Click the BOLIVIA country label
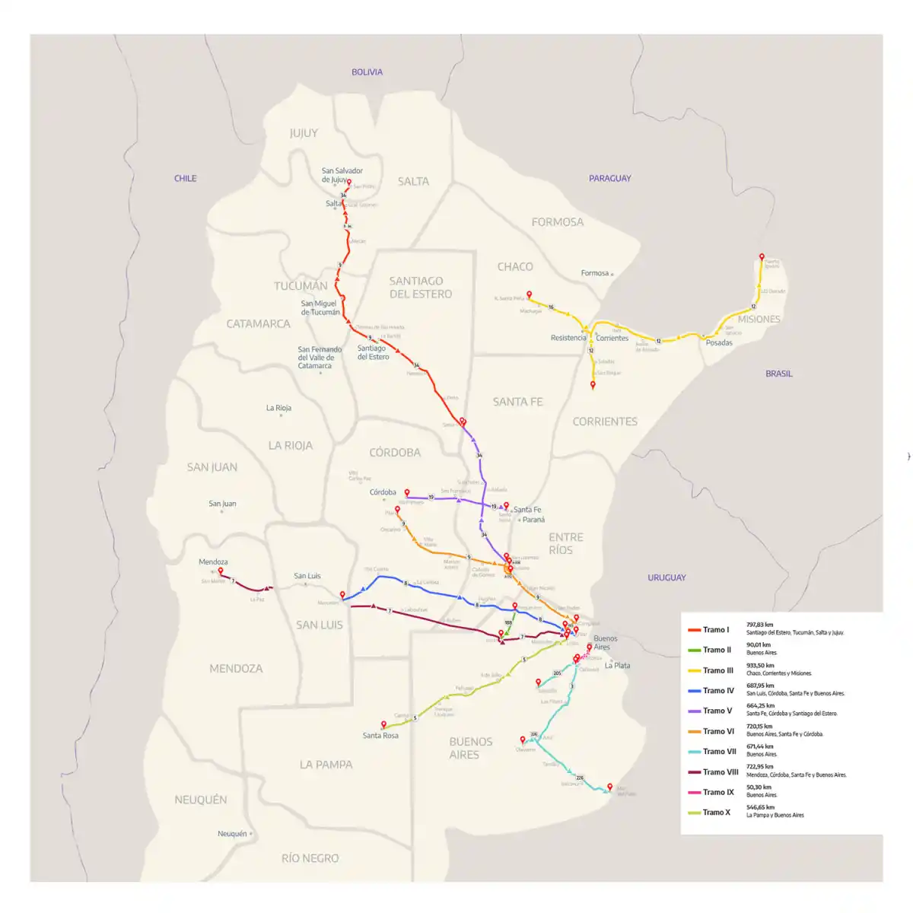pyautogui.click(x=367, y=72)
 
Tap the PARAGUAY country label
pyautogui.click(x=609, y=178)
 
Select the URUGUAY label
pyautogui.click(x=666, y=577)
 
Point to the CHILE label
pyautogui.click(x=185, y=178)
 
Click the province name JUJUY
pyautogui.click(x=304, y=133)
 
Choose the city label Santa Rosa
pyautogui.click(x=380, y=736)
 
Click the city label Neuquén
pyautogui.click(x=232, y=834)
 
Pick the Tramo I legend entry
pyautogui.click(x=715, y=630)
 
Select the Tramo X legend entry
pyautogui.click(x=716, y=813)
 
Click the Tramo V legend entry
pyautogui.click(x=717, y=711)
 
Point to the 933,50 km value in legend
pyautogui.click(x=760, y=665)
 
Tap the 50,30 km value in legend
pyautogui.click(x=759, y=787)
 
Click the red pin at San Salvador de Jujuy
pyautogui.click(x=349, y=183)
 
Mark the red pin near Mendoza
pyautogui.click(x=221, y=571)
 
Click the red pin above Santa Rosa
pyautogui.click(x=383, y=724)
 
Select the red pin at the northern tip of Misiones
pyautogui.click(x=762, y=257)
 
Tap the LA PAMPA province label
pyautogui.click(x=326, y=765)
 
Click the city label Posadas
pyautogui.click(x=719, y=343)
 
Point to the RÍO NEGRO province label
pyautogui.click(x=310, y=858)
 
